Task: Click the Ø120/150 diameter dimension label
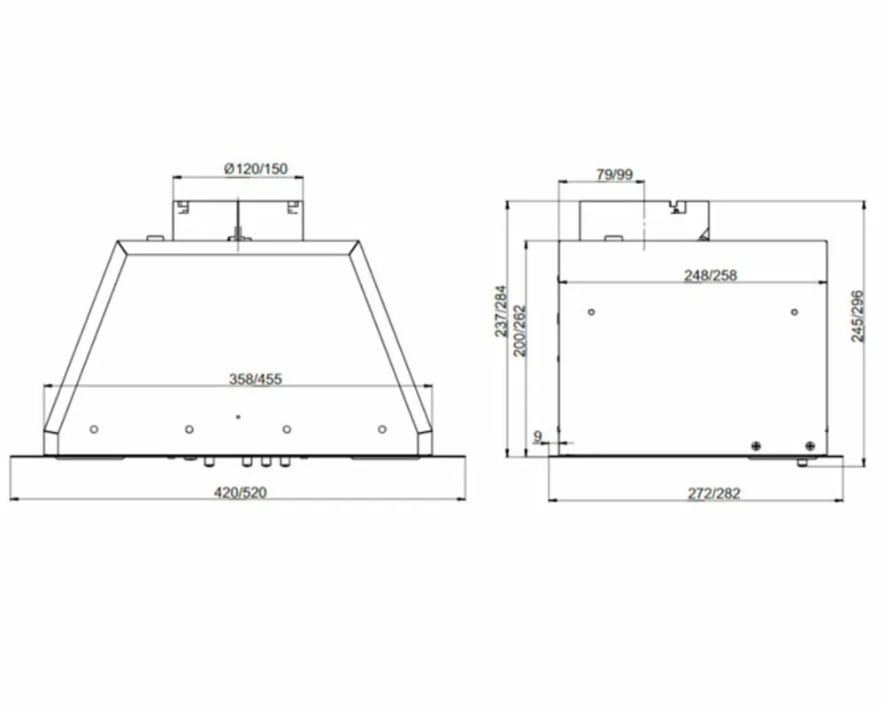(x=256, y=168)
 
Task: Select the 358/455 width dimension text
(x=256, y=380)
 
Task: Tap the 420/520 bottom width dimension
(x=240, y=493)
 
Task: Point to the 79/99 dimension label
(x=614, y=174)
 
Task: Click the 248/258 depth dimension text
(x=711, y=275)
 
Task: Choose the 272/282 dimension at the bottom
(x=714, y=494)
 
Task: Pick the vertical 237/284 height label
(x=501, y=312)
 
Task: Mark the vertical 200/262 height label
(x=519, y=331)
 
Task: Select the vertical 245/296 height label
(x=857, y=316)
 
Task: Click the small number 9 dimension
(x=538, y=435)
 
